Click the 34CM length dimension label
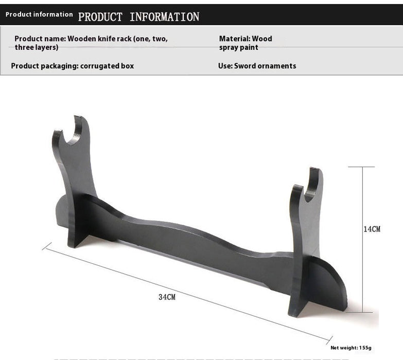pos(167,297)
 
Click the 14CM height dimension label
pos(372,229)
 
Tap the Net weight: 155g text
pos(351,348)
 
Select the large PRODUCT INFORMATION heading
pos(138,17)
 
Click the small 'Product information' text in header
pos(39,14)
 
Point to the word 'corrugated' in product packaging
pos(100,66)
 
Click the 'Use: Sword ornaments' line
pos(257,66)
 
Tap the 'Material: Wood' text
pos(246,39)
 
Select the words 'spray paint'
pos(239,47)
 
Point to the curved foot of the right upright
pos(329,288)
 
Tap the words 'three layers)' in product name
pos(36,47)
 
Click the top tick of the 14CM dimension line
pos(362,167)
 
